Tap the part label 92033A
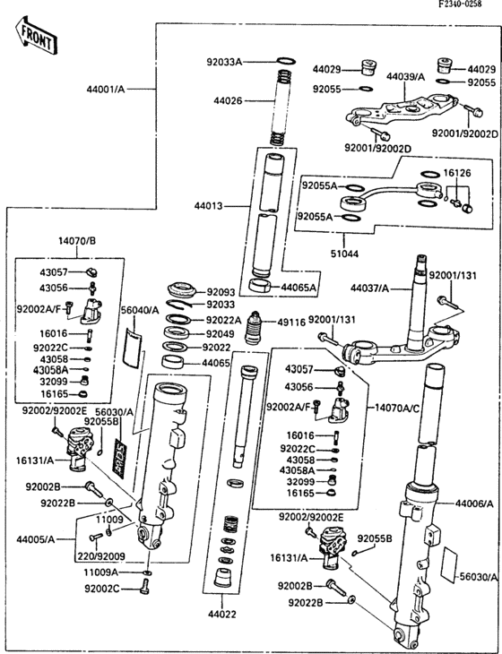[224, 63]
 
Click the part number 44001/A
[106, 90]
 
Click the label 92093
[221, 292]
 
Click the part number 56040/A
[139, 309]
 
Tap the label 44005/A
[35, 538]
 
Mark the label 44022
[220, 615]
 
